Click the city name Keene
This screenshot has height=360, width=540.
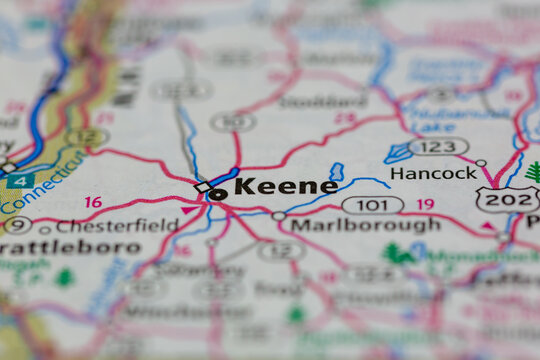[x=285, y=186]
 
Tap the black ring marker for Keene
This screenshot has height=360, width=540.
[x=217, y=194]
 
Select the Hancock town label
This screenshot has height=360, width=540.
[x=433, y=173]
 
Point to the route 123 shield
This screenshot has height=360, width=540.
[x=438, y=147]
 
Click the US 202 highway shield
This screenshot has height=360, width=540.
[x=506, y=199]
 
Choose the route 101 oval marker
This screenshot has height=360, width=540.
[x=372, y=204]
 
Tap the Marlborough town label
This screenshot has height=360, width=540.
[x=365, y=225]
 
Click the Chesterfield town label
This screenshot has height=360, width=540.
[x=117, y=226]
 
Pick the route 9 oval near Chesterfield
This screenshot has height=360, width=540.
[x=17, y=225]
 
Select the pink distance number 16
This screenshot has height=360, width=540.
[x=93, y=202]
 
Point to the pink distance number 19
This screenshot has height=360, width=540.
[x=425, y=204]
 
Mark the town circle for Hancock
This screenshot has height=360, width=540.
[x=481, y=163]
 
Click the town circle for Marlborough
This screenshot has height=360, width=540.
[x=279, y=216]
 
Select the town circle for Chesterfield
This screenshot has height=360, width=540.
[x=45, y=229]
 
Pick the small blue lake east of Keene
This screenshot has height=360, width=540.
[x=336, y=172]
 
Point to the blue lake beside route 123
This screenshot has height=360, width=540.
[x=398, y=153]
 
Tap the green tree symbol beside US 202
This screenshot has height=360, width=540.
[x=533, y=171]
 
